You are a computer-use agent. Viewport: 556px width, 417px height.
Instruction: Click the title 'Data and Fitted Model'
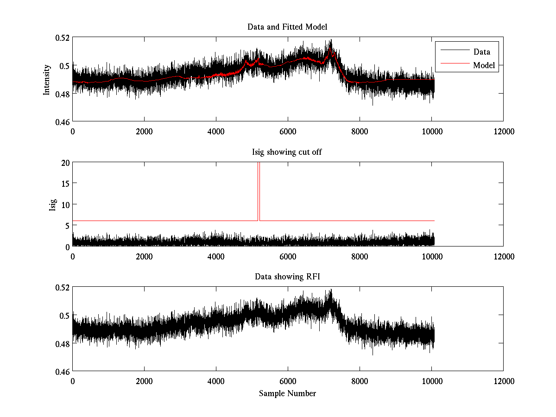pyautogui.click(x=287, y=27)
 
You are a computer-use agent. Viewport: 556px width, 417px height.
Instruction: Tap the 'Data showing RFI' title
pyautogui.click(x=287, y=277)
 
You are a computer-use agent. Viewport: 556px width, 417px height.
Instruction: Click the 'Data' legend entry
pyautogui.click(x=481, y=52)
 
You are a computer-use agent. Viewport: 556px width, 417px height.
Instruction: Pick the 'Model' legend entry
pyautogui.click(x=484, y=65)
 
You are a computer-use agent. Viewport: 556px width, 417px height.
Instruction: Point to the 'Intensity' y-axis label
pyautogui.click(x=46, y=79)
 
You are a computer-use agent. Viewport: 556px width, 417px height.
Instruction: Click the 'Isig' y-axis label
pyautogui.click(x=52, y=204)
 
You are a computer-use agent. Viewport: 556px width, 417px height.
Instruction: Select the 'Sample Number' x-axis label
pyautogui.click(x=287, y=393)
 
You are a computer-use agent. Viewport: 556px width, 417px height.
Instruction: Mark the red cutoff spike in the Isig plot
pyautogui.click(x=259, y=190)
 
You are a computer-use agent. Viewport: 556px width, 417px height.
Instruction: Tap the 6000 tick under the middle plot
pyautogui.click(x=288, y=256)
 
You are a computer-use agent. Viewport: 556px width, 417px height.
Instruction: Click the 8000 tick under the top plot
pyautogui.click(x=360, y=131)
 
